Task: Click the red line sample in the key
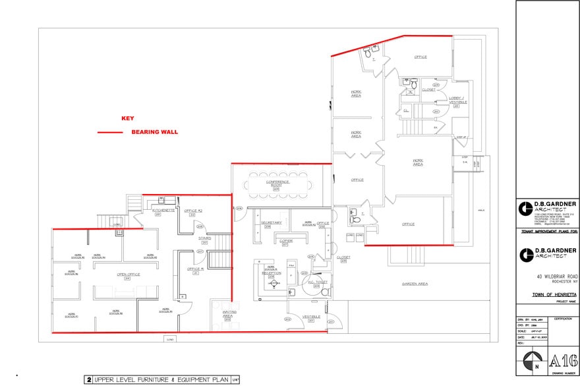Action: pos(110,133)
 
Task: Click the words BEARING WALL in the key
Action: pos(154,132)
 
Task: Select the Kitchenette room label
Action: pos(163,210)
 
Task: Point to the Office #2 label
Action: pos(192,210)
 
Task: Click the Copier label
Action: pos(286,241)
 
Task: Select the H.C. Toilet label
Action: pos(317,282)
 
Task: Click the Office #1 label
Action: pos(194,269)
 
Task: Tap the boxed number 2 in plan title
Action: pos(88,379)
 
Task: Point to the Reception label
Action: pos(271,273)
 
